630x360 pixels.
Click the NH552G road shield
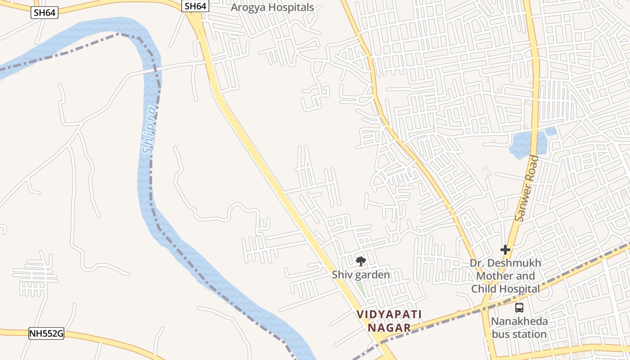46,334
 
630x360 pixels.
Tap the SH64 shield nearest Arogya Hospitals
195,6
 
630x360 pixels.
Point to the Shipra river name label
150,130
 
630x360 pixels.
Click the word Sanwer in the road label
522,202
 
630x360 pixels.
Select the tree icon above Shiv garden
360,261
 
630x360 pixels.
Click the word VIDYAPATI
389,314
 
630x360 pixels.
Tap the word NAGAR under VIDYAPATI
389,328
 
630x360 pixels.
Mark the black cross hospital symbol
505,250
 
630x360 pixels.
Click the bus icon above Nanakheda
519,308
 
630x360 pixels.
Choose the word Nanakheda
519,321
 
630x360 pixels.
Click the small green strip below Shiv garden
361,288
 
